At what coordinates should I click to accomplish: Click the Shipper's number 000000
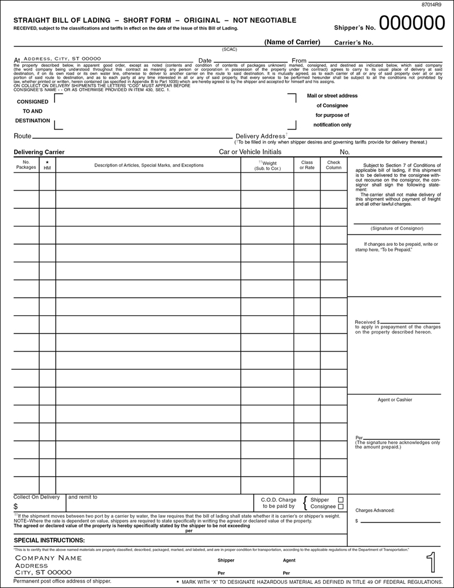[412, 24]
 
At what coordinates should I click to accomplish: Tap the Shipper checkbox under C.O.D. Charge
[341, 500]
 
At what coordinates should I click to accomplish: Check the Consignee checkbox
[341, 507]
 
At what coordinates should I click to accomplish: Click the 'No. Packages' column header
[26, 165]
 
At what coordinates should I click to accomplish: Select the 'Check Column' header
[333, 165]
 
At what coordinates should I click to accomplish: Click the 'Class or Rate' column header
[307, 165]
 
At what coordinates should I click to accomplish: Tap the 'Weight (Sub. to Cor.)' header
[267, 165]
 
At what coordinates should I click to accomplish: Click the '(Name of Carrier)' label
[292, 42]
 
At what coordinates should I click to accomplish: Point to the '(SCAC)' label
[229, 49]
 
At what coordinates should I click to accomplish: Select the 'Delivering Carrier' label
[39, 152]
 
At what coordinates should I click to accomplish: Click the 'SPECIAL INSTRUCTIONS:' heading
[49, 540]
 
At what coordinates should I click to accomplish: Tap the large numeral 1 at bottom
[432, 563]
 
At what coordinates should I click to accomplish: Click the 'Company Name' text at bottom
[48, 557]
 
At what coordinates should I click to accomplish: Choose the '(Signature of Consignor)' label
[396, 228]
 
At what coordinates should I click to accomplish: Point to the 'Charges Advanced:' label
[375, 510]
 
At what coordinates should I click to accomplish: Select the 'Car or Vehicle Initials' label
[250, 152]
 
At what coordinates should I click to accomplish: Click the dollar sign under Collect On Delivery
[16, 506]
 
